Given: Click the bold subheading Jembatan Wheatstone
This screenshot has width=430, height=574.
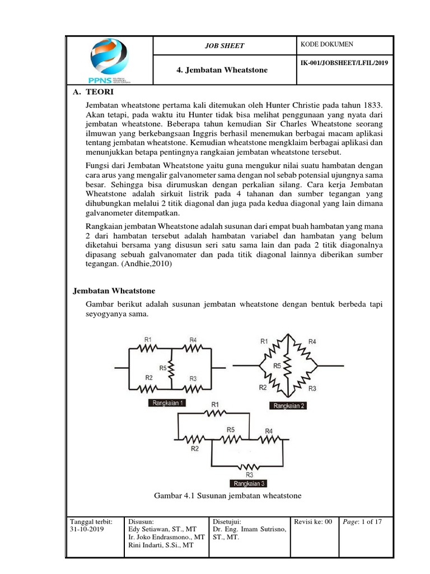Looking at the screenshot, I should (114, 291).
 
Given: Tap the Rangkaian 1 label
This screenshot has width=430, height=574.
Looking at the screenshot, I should (167, 402).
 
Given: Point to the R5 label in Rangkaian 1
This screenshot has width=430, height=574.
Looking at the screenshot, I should (163, 368).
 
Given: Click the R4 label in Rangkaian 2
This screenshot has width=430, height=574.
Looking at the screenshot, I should (312, 341).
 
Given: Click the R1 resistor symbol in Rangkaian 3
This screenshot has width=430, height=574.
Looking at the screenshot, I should (214, 414).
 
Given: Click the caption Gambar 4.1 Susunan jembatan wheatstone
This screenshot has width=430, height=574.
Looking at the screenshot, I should (227, 496).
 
